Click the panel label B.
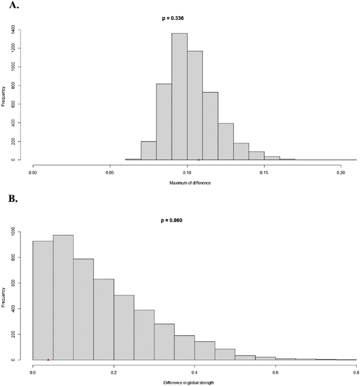(x=12, y=200)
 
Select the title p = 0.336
(x=173, y=18)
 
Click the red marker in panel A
(x=199, y=159)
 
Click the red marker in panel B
(x=48, y=360)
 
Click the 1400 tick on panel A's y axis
(x=19, y=29)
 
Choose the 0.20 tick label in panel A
(x=341, y=171)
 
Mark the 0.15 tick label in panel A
(x=264, y=171)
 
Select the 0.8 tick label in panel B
(x=356, y=371)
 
